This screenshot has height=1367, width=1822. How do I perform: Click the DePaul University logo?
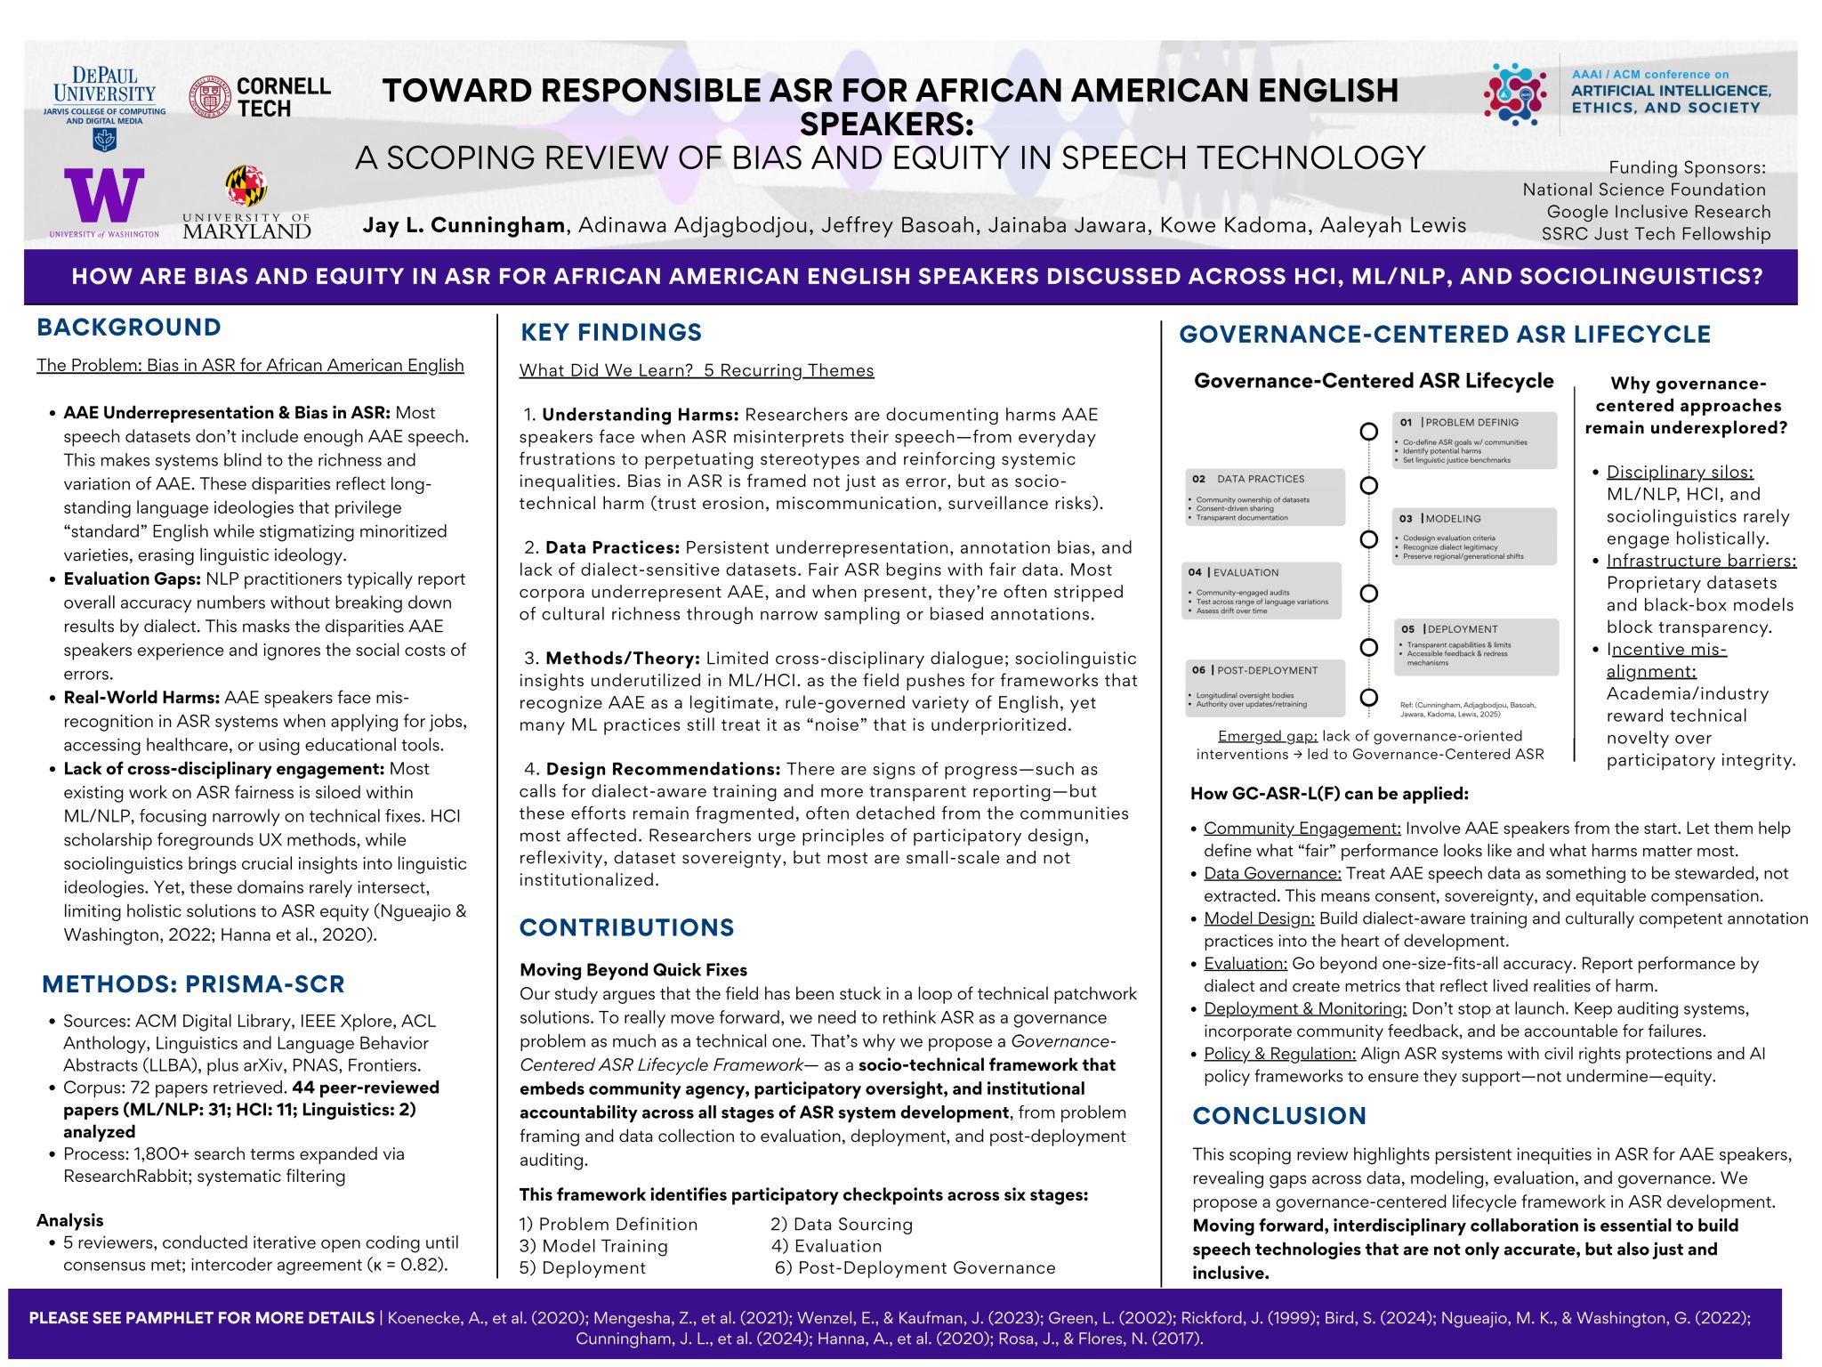pos(105,107)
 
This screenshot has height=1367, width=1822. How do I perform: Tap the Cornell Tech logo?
pos(260,98)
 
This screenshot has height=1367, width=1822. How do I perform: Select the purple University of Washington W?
pos(104,197)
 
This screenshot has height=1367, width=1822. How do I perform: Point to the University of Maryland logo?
pos(246,203)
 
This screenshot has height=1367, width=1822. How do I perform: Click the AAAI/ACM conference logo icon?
pos(1516,93)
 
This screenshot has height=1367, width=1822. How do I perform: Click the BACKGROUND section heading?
pos(129,328)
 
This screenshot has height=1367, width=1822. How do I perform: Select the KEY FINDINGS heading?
pos(611,333)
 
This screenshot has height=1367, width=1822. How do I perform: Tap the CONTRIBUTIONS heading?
pos(627,927)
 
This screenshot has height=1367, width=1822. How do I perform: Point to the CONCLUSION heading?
pos(1279,1116)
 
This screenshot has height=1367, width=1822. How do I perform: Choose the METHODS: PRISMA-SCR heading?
pos(193,984)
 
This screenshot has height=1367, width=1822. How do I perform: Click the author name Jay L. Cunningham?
pos(464,225)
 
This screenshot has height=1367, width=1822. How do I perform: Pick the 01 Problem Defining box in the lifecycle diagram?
pos(1474,440)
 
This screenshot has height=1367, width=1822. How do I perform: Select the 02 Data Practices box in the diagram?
pos(1264,497)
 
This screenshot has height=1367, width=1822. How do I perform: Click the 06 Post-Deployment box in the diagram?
pos(1264,687)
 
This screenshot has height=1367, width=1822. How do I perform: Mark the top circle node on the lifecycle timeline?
pos(1369,432)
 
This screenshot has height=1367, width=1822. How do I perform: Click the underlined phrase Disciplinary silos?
pos(1680,472)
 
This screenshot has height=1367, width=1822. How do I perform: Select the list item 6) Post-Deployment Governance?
pos(915,1267)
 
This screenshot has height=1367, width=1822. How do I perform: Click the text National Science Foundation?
pos(1644,190)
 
